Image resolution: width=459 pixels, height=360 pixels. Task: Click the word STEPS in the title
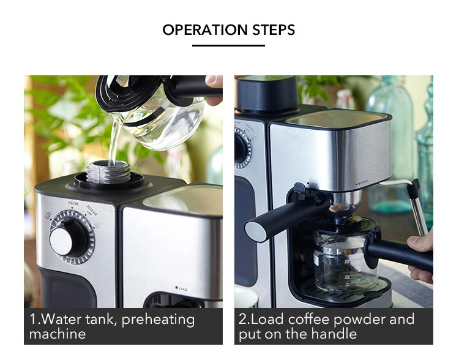pos(274,30)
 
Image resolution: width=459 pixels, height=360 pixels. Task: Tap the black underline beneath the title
pos(229,45)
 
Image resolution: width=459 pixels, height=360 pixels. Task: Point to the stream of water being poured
pos(114,138)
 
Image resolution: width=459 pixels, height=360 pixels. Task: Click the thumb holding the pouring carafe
pos(214,81)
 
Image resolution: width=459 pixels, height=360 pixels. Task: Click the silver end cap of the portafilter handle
pos(256,231)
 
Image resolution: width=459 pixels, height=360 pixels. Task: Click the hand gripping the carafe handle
pos(422,251)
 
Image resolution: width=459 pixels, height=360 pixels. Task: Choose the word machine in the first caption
pos(58,334)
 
